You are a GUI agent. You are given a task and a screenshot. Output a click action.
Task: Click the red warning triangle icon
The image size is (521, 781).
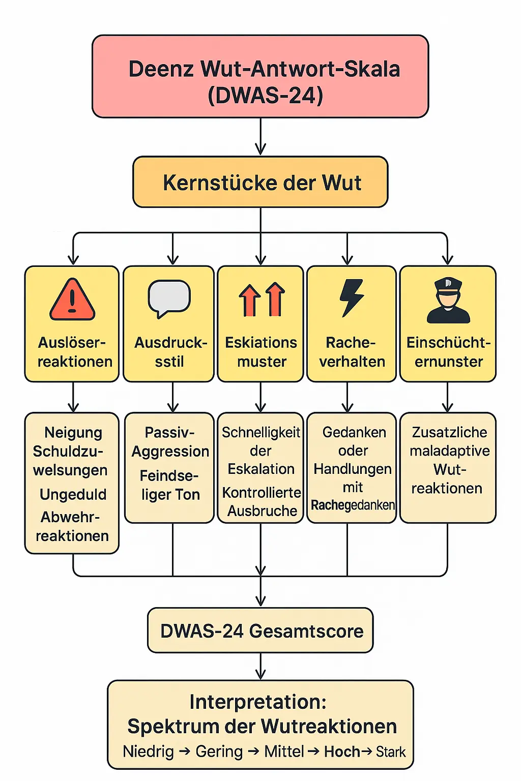[72, 300]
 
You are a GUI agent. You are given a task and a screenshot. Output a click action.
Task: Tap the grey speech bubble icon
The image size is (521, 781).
[169, 298]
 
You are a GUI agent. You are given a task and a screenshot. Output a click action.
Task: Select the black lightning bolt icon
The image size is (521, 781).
[352, 297]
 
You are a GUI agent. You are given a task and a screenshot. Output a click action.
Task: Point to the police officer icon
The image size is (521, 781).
[448, 301]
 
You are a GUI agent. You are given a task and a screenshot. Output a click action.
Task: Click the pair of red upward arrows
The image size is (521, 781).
[262, 299]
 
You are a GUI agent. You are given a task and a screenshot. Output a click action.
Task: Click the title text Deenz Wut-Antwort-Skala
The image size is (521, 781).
[264, 69]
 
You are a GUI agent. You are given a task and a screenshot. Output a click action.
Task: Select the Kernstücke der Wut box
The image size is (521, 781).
[260, 182]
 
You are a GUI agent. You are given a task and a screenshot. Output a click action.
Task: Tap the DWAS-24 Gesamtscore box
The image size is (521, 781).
[260, 630]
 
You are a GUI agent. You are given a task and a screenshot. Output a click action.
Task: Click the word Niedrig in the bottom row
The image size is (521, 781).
[148, 751]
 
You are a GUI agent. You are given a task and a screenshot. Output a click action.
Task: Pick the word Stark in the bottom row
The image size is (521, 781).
[391, 752]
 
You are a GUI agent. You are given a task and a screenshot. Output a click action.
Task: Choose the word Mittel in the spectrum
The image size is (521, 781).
[284, 751]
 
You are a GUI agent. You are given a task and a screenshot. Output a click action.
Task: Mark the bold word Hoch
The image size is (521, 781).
[342, 752]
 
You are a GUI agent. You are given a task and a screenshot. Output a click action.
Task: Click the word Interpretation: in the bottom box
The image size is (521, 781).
[258, 702]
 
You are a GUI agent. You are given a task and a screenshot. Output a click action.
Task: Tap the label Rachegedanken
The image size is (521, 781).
[353, 505]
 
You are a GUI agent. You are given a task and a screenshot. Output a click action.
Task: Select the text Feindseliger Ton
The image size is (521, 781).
[169, 485]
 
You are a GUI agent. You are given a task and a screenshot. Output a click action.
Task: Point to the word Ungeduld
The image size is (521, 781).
[73, 494]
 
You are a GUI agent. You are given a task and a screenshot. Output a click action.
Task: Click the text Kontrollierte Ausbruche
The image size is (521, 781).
[262, 501]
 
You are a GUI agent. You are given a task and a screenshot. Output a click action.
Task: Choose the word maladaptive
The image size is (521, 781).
[449, 450]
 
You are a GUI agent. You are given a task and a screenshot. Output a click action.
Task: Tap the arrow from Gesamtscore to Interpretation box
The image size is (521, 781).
[260, 666]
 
